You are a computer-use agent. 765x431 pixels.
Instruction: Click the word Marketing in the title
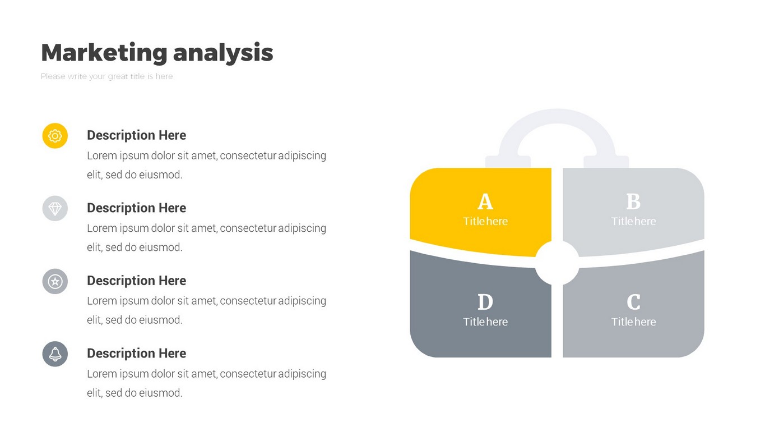click(104, 53)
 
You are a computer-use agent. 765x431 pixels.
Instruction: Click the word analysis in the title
click(223, 53)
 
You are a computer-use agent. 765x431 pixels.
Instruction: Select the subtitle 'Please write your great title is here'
click(106, 76)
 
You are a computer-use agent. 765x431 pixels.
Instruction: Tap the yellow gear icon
click(55, 136)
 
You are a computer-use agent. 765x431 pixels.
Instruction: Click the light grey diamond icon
click(55, 208)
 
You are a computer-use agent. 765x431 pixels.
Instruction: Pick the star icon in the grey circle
click(55, 282)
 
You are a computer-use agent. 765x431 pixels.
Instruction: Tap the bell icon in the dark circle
click(55, 354)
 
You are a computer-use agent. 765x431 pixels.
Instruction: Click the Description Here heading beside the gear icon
click(137, 135)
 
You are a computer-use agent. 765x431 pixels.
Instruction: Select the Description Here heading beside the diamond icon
click(137, 208)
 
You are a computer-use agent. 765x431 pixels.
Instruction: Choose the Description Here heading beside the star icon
click(137, 281)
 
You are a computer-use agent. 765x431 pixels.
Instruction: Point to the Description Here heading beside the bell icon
click(137, 354)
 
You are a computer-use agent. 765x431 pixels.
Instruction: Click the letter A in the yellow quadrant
click(485, 201)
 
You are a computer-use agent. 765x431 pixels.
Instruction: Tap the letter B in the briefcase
click(633, 201)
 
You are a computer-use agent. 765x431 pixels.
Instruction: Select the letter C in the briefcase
click(633, 302)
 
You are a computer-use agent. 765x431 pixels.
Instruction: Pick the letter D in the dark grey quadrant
click(485, 302)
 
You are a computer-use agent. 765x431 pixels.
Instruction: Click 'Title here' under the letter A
click(485, 221)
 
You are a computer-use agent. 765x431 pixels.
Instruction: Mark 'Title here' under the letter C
click(633, 322)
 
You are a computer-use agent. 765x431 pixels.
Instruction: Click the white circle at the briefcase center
click(557, 263)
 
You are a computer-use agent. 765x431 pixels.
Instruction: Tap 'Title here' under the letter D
click(485, 322)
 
